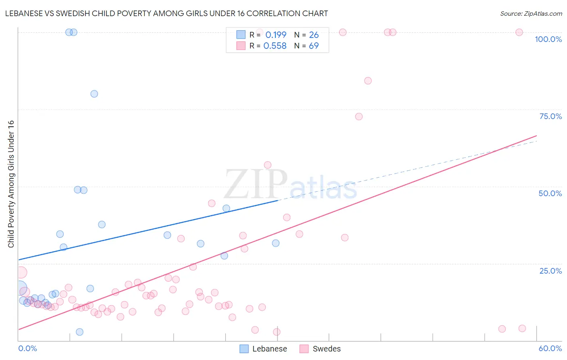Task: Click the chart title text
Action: (x=166, y=13)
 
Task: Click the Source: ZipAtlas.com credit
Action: (x=531, y=13)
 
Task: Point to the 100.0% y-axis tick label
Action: (x=548, y=39)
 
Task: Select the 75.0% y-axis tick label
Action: (x=550, y=116)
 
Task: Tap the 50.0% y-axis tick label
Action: (x=550, y=193)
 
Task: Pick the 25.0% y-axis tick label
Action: (x=550, y=271)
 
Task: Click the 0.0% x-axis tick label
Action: (x=27, y=348)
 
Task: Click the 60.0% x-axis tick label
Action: (x=550, y=348)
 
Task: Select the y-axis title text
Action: (x=11, y=184)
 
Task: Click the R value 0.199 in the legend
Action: (x=276, y=35)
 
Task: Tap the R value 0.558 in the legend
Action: (x=275, y=46)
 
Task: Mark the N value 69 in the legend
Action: (x=314, y=46)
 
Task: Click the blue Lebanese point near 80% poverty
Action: (x=94, y=94)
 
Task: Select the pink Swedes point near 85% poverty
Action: (x=368, y=81)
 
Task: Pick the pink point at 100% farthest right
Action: (x=519, y=32)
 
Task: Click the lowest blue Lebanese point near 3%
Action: (x=79, y=332)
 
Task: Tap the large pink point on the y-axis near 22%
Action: (x=21, y=273)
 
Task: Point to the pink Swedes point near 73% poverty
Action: (x=359, y=117)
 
